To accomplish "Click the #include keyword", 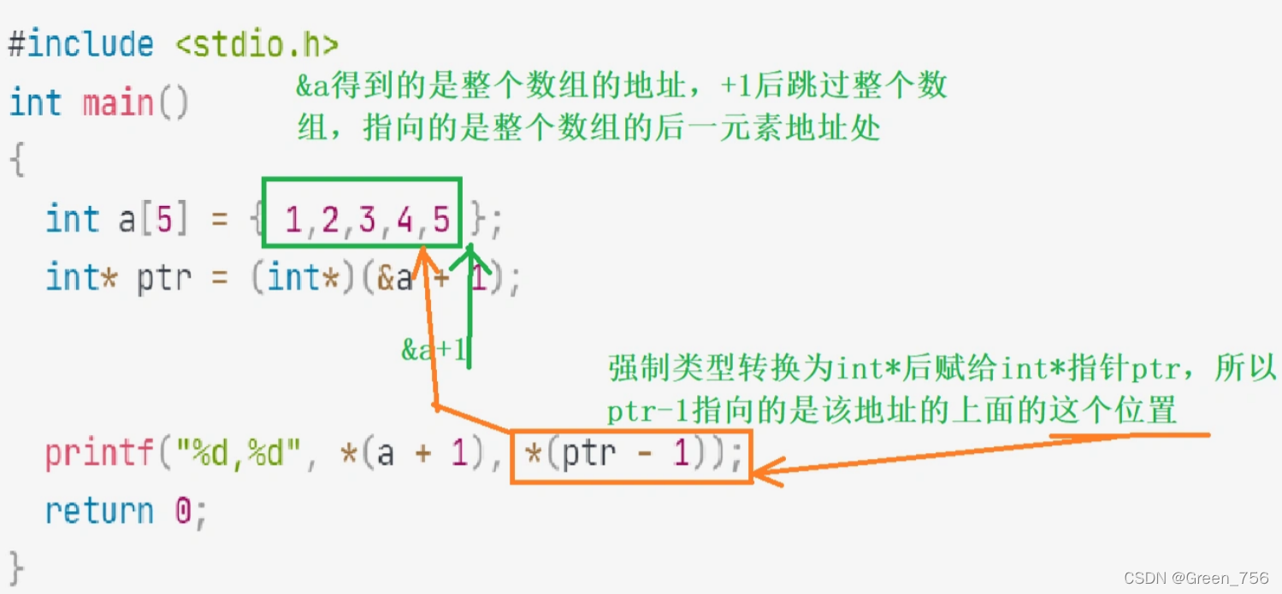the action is [x=81, y=44].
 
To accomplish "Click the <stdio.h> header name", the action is [x=257, y=44].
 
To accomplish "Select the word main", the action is [x=118, y=104].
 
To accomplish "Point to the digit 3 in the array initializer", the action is [x=367, y=221].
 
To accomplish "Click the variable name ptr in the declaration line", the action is [x=163, y=279].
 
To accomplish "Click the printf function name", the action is [x=101, y=453].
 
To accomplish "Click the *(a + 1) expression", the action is [x=405, y=453].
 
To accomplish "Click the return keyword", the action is [x=99, y=511].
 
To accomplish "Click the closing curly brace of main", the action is [x=16, y=567].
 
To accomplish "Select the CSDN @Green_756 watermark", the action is [x=1196, y=579].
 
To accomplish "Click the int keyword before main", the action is [x=35, y=104].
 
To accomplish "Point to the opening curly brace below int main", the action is [x=16, y=160].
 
